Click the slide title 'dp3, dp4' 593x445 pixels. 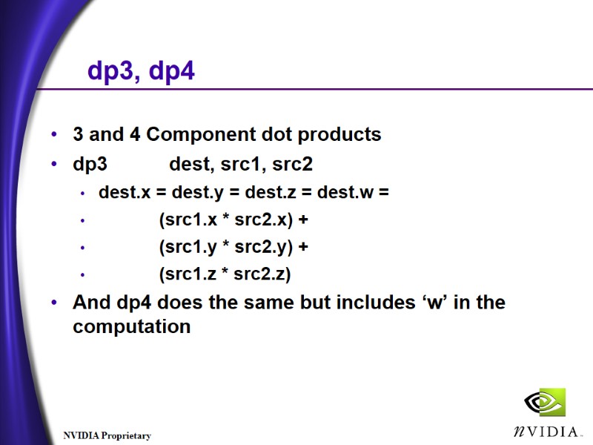click(x=141, y=71)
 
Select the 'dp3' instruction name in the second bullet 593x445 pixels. click(x=90, y=162)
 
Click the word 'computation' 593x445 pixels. click(x=131, y=326)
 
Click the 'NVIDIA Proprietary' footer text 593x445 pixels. click(x=107, y=436)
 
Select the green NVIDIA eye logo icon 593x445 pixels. click(x=545, y=402)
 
